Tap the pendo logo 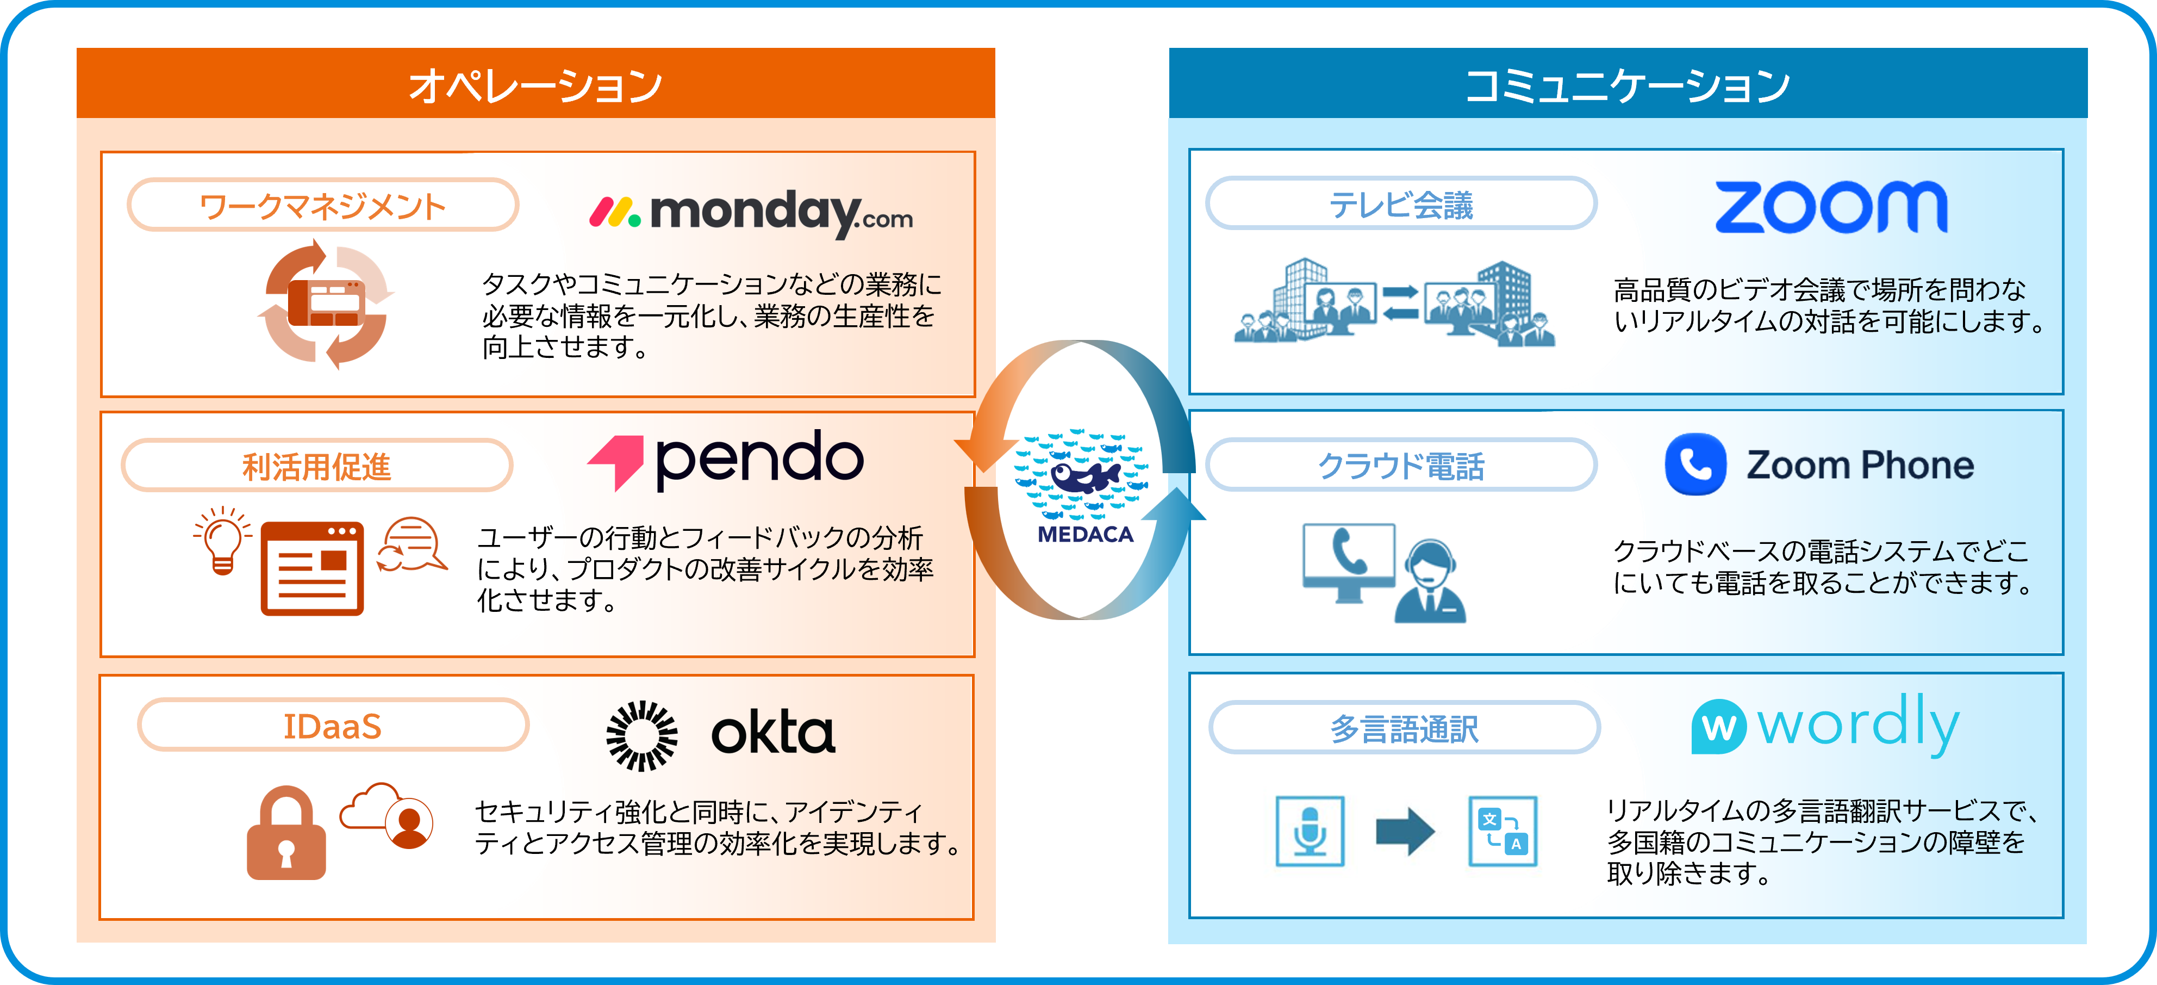click(725, 459)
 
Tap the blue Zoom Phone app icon click(1695, 464)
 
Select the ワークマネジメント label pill click(322, 205)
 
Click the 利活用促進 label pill click(316, 466)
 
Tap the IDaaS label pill click(333, 726)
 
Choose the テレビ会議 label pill click(1401, 203)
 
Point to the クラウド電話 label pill click(1401, 465)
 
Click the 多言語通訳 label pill click(1404, 728)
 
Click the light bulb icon click(222, 540)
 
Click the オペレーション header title click(535, 85)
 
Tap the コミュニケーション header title click(1627, 85)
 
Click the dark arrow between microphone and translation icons click(1405, 831)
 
